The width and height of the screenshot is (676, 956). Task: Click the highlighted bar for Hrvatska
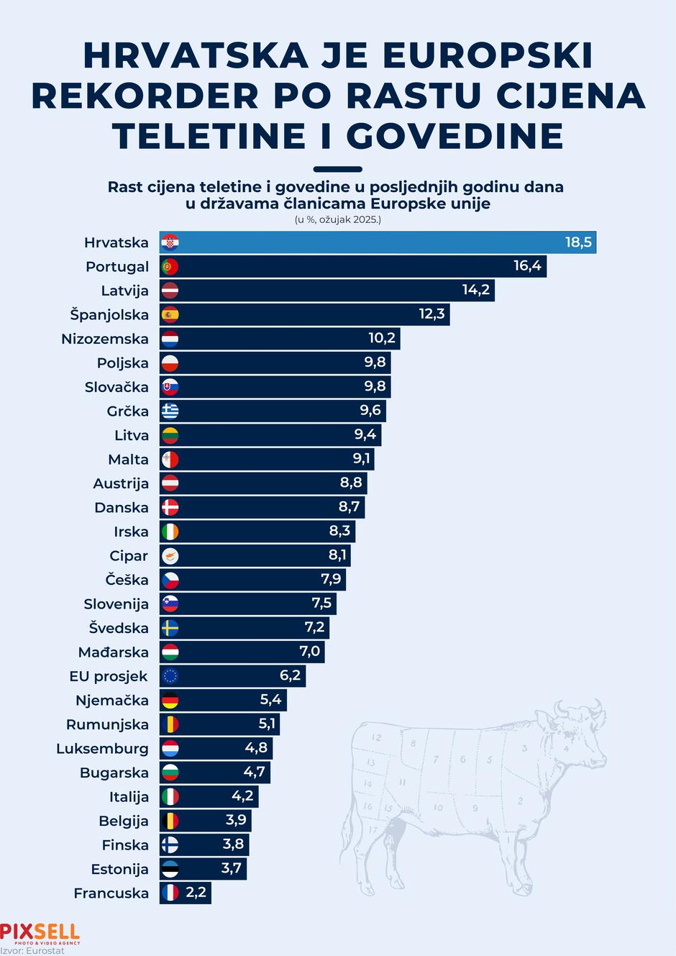pos(378,242)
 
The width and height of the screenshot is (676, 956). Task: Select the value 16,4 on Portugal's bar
pos(527,266)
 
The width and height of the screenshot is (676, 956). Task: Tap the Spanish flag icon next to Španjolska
pos(170,314)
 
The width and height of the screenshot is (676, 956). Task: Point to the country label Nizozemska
pos(105,339)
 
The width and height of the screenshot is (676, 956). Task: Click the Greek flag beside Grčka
pos(170,411)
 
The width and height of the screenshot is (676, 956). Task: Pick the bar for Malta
pos(266,459)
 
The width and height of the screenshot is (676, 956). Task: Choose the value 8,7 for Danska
pos(349,507)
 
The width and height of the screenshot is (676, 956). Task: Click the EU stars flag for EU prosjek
pos(170,676)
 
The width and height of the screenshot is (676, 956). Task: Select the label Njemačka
pos(112,700)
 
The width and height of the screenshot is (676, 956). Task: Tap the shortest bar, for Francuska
pos(186,893)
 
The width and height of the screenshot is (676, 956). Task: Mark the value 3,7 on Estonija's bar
pos(231,868)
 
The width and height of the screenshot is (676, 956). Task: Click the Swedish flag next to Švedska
pos(170,628)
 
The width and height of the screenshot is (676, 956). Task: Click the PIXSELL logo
pos(40,933)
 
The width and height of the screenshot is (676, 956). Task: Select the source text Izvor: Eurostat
pos(32,951)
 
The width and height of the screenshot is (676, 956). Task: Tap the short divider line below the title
pos(338,170)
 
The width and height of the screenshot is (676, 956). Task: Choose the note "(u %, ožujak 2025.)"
pos(337,219)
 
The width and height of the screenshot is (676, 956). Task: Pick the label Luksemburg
pos(102,748)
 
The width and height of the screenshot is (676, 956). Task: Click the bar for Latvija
pos(327,291)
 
